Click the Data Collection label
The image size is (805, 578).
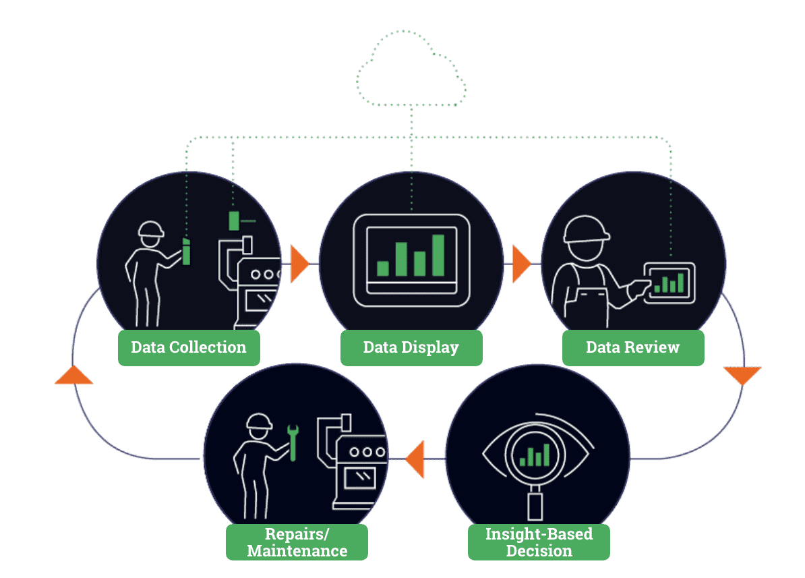[189, 347]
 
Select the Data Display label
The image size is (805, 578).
[411, 347]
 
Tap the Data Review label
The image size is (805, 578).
[633, 347]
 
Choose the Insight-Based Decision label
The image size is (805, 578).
[539, 542]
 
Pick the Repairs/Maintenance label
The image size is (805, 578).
[297, 542]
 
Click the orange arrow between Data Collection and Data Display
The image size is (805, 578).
[299, 263]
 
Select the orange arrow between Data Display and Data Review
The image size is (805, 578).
[520, 264]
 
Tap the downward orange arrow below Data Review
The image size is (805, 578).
[742, 375]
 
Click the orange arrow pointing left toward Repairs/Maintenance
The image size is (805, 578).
[415, 459]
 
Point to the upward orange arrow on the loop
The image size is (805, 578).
[73, 375]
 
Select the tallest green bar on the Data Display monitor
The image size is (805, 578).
[438, 255]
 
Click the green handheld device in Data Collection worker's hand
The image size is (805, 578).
[187, 251]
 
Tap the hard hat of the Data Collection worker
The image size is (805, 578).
[151, 229]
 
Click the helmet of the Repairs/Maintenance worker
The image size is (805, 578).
[259, 422]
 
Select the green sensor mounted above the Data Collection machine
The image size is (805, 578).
[234, 221]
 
